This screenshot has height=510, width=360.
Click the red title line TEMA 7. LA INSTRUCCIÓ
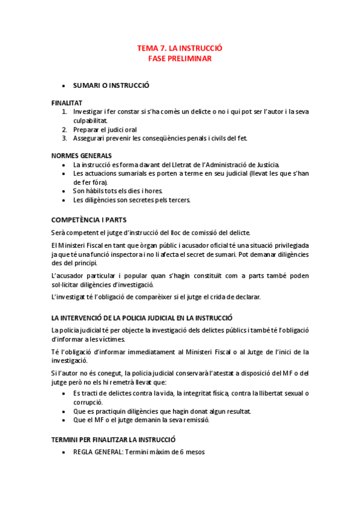(x=180, y=48)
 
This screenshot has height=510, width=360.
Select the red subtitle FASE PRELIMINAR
(x=180, y=58)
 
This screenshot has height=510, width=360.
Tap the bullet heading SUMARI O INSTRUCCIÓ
(x=111, y=85)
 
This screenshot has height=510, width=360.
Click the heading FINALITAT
(x=67, y=103)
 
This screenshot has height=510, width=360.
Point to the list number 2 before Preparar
(x=64, y=129)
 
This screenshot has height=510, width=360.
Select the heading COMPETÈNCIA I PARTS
(x=89, y=220)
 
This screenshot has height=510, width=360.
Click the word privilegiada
(x=284, y=245)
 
